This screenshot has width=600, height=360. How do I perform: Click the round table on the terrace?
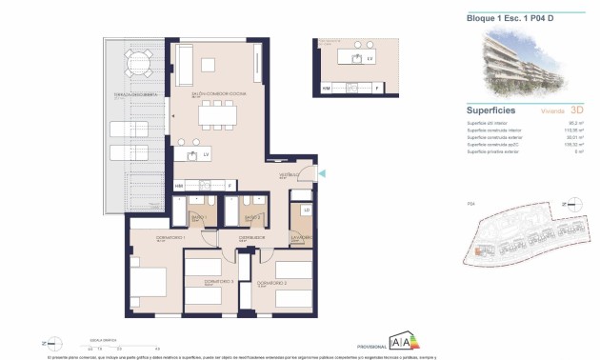point(138,65)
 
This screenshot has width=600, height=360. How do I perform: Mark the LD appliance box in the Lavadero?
point(307,210)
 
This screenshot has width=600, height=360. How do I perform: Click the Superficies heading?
point(492,110)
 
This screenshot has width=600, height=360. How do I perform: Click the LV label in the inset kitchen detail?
point(370,58)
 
